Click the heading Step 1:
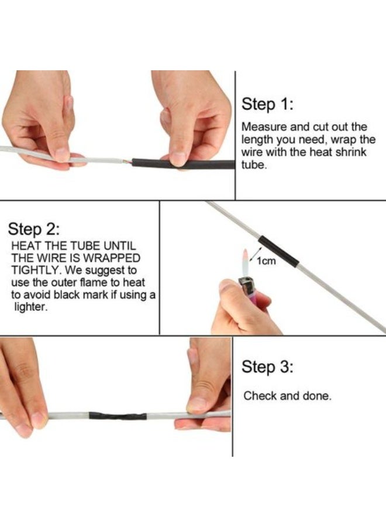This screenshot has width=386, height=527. tap(267, 105)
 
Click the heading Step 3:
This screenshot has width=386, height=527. tap(267, 367)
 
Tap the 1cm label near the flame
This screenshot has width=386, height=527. tap(267, 261)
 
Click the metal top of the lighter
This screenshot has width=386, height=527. tap(245, 286)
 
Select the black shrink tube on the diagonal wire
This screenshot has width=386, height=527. tap(278, 250)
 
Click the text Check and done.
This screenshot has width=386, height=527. tap(287, 396)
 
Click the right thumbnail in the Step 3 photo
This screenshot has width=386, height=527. tap(197, 404)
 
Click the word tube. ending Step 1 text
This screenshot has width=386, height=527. tap(254, 165)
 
